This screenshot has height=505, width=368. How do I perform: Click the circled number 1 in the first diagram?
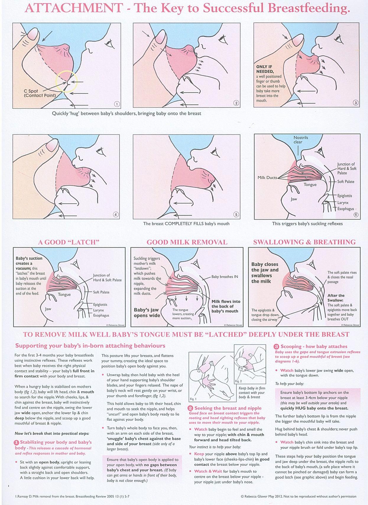coord(116,104)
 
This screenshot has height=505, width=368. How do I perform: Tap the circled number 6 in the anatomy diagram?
coord(356,215)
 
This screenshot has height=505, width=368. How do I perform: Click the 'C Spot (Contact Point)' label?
coord(40,93)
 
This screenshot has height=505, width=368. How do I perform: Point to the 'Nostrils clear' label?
coord(301,140)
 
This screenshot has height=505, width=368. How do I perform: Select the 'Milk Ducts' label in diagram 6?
coord(267,178)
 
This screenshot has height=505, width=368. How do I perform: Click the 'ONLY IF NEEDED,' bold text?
coord(265,69)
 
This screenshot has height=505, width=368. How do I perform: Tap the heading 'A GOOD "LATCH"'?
coord(69,242)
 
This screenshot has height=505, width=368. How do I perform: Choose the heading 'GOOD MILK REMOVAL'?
coord(187,242)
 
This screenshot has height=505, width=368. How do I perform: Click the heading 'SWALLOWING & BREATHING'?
coord(304,242)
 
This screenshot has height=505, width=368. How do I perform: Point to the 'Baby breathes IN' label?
coord(225,277)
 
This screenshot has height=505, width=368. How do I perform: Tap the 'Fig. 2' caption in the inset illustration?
coord(238,381)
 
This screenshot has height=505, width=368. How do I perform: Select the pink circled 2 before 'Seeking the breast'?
coord(191,408)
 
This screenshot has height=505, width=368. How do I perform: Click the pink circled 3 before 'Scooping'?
coord(276,347)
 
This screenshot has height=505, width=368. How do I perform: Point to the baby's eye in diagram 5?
coord(215,151)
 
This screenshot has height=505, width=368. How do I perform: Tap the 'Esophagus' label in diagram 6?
coord(346,209)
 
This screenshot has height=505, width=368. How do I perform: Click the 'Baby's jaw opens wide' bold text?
coord(146,313)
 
